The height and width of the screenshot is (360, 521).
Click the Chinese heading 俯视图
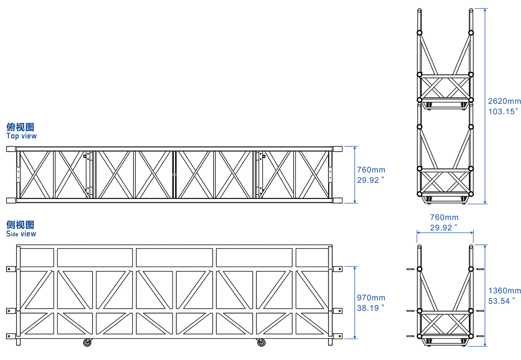[x=20, y=127]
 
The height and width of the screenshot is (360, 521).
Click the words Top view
[x=22, y=136]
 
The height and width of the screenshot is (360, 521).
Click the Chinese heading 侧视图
[x=20, y=225]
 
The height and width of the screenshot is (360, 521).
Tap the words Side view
[x=21, y=234]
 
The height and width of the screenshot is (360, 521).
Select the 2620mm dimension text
[x=504, y=101]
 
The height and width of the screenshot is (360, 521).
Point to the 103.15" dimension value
[x=503, y=112]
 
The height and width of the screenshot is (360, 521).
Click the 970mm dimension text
[x=371, y=298]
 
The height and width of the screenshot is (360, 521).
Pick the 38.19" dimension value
[x=371, y=308]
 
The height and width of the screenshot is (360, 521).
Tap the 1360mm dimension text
[x=504, y=291]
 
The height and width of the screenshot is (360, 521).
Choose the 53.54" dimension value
[x=502, y=301]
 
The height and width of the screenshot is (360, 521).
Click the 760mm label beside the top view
[x=371, y=170]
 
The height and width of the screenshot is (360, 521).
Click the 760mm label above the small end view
[x=444, y=217]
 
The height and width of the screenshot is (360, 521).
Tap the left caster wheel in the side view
[x=88, y=343]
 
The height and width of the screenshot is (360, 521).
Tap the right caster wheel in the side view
[x=261, y=343]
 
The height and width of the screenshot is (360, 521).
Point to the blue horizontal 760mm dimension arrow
[x=445, y=232]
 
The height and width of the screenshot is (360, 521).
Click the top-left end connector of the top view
[x=10, y=149]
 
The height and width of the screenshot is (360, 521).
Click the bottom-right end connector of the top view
[x=337, y=200]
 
